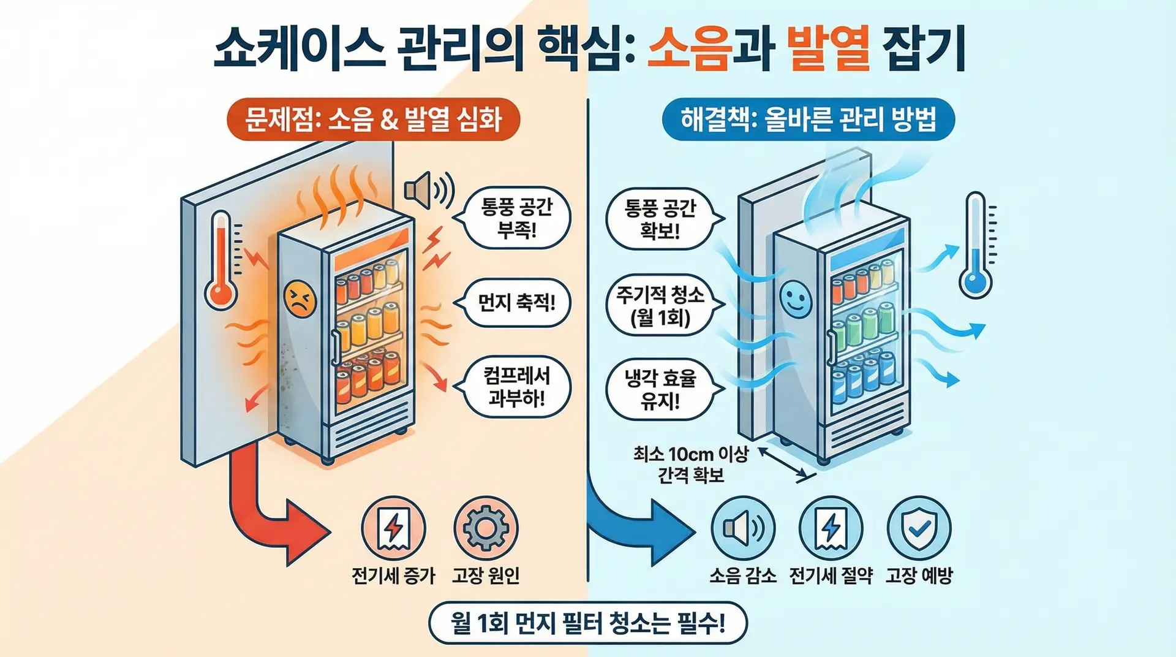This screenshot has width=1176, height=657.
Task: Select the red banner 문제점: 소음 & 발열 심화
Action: pos(372,120)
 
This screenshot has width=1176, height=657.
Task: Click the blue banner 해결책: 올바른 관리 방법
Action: pos(808,120)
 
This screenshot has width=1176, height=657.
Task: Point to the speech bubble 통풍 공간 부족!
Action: pos(516,219)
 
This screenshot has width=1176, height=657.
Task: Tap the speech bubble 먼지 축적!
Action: pos(516,302)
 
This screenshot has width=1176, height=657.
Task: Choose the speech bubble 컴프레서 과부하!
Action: pos(516,387)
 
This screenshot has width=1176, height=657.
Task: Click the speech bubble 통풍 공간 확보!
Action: pos(660,219)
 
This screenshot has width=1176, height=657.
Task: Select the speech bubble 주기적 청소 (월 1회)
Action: pos(660,306)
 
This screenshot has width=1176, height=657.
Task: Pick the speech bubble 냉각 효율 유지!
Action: pos(660,389)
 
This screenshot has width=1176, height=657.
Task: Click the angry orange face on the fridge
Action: pos(300,299)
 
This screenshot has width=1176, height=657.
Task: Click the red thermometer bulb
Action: pos(221,295)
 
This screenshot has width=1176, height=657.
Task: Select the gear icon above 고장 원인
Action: pos(486,528)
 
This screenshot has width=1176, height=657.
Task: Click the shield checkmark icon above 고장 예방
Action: pos(919,528)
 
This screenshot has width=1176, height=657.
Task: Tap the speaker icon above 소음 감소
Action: pos(742,528)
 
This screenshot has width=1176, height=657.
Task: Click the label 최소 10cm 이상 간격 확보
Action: pos(691,465)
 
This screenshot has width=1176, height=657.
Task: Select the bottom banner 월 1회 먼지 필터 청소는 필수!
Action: pos(588,623)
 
